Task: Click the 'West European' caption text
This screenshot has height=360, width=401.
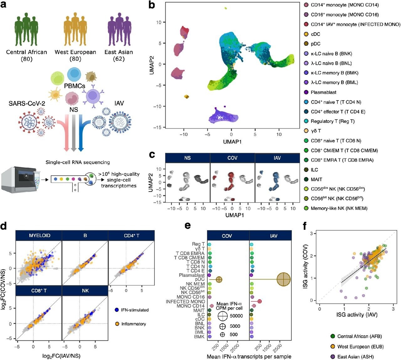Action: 75,52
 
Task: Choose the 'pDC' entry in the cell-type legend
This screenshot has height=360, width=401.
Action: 315,44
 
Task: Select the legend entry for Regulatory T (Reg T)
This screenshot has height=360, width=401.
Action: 332,121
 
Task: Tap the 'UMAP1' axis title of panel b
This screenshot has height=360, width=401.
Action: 232,142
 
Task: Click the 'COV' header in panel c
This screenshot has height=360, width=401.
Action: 232,158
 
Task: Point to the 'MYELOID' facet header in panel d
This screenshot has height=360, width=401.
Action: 39,235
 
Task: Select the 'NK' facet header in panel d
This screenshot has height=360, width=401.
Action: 85,291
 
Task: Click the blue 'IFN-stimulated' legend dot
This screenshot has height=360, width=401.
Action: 116,310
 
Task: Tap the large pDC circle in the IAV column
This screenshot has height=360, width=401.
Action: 284,279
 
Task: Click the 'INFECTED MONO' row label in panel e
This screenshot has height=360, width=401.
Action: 185,301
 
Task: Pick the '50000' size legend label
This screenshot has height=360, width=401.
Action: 236,316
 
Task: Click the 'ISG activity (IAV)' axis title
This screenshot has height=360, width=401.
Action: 357,315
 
